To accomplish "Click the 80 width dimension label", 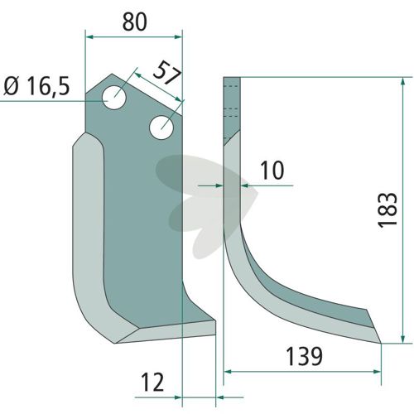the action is (x=134, y=22).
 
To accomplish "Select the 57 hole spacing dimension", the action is (x=167, y=73).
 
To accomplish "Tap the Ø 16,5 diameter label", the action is (x=36, y=86).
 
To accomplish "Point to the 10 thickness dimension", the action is (x=272, y=170).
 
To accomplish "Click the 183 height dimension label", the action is (x=388, y=210).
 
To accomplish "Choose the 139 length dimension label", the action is (x=304, y=356).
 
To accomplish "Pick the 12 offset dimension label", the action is (x=152, y=382).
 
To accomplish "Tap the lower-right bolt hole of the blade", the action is (x=161, y=128).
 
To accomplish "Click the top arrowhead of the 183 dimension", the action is (x=403, y=82).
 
